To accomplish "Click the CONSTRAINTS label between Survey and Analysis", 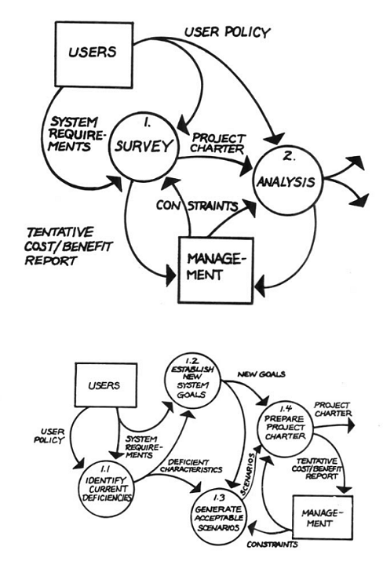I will point(195,205).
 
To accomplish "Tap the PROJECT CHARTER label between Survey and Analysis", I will point(217,141).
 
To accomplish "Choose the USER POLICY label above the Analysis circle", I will point(227,32).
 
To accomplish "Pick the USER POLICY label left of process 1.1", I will point(46,437).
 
